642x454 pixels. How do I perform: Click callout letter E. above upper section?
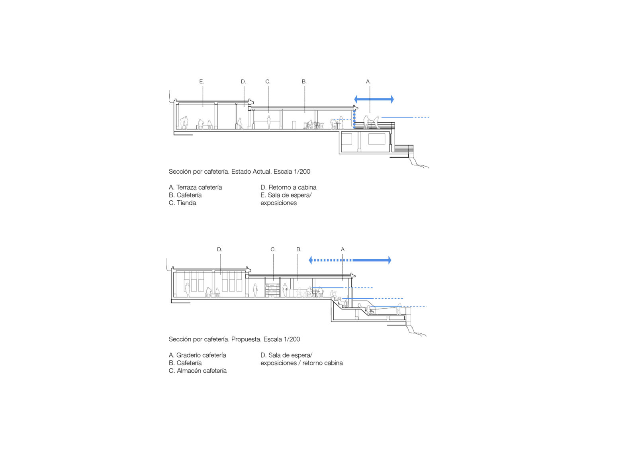click(202, 82)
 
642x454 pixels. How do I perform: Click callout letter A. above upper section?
click(368, 82)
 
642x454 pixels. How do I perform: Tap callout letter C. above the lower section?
click(273, 250)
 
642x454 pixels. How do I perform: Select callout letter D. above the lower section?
click(219, 250)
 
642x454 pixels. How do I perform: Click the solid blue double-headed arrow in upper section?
click(374, 99)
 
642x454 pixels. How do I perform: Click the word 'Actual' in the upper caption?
click(262, 172)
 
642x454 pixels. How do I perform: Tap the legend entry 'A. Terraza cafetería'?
click(195, 188)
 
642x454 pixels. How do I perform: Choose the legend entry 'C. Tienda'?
click(182, 203)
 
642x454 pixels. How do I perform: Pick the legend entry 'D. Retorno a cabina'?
click(288, 188)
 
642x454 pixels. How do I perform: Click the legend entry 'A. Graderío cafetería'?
click(197, 355)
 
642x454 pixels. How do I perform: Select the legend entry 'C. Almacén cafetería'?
click(198, 371)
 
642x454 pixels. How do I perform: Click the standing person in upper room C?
click(269, 122)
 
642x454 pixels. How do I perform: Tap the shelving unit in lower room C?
click(273, 290)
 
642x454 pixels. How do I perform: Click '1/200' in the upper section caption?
click(302, 172)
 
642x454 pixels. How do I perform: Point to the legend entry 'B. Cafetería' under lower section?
click(185, 363)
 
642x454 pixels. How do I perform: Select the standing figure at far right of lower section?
click(399, 309)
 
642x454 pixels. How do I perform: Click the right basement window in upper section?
click(376, 139)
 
